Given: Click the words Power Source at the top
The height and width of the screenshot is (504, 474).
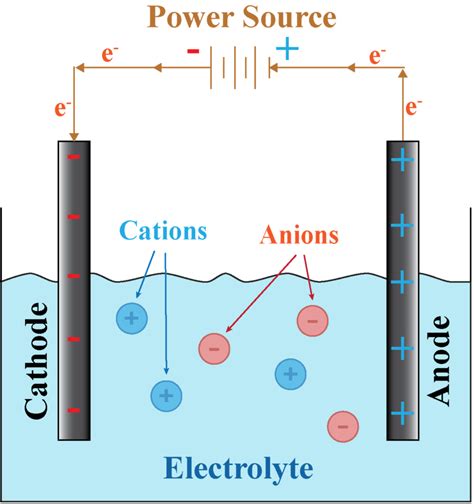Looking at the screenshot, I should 236,17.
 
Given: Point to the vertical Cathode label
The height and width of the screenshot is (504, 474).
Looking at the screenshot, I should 35,361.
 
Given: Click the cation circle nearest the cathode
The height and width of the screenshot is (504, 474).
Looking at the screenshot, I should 131,319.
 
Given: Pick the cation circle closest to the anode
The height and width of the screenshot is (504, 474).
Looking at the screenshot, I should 290,374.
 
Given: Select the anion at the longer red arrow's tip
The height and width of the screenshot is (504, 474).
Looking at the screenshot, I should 213,349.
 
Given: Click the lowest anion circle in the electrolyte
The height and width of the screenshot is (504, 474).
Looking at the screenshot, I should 342,426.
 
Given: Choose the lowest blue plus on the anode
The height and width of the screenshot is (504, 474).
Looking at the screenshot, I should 402,411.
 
